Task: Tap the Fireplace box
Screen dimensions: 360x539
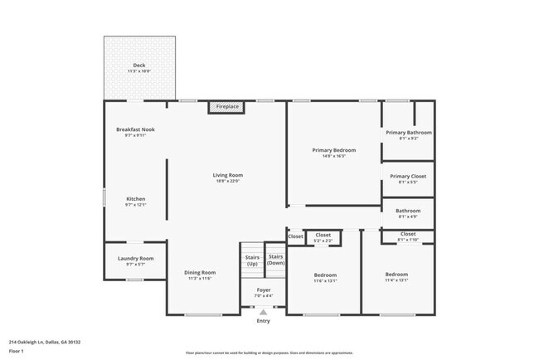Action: [x=227, y=107]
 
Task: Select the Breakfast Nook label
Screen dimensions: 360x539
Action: [x=135, y=130]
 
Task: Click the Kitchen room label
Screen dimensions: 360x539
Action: [x=135, y=199]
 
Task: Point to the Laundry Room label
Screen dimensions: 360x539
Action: [x=135, y=259]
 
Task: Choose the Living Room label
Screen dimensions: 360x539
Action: [x=227, y=175]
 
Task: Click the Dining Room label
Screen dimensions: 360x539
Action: [x=200, y=272]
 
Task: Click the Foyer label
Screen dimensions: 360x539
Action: [x=263, y=290]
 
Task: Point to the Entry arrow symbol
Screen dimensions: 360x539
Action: [x=263, y=312]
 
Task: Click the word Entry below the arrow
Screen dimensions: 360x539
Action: [x=263, y=321]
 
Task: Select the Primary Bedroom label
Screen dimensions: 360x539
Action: [x=333, y=150]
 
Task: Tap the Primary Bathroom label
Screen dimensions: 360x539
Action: [x=408, y=133]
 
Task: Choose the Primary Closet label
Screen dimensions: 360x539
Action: [x=408, y=176]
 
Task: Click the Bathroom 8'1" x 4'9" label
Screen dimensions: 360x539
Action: [x=408, y=211]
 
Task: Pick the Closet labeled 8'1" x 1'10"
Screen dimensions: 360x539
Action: [x=408, y=235]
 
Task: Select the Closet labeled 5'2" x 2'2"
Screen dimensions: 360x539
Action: [x=323, y=236]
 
